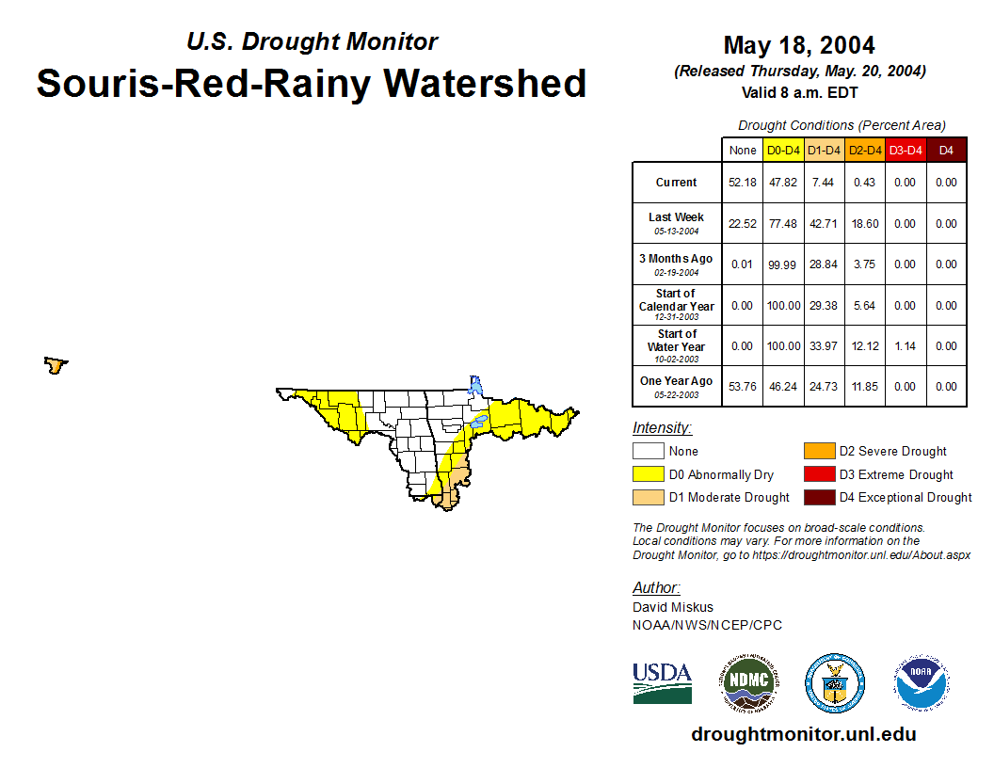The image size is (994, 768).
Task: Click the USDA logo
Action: pos(662,683)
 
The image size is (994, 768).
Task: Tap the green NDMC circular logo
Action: pos(749,682)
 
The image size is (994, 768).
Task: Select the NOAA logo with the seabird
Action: pos(922,682)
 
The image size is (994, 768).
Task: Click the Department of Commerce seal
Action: pos(835,683)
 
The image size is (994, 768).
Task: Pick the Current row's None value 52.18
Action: pos(743,183)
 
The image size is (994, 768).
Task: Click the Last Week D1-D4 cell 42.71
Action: pos(824,224)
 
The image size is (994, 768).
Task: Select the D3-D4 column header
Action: pos(906,151)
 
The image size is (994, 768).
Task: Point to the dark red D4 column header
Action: pos(946,151)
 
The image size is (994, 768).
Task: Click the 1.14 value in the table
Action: pos(906,346)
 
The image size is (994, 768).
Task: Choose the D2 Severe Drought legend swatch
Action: pos(819,451)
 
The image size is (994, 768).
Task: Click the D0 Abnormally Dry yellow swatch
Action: pos(648,474)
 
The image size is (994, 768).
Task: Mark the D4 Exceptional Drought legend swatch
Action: pos(819,498)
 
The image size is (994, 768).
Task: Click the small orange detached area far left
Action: pos(56,365)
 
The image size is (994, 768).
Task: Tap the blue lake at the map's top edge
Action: pos(475,385)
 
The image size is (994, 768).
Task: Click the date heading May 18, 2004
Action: pos(799,45)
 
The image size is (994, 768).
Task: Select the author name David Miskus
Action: pos(673,607)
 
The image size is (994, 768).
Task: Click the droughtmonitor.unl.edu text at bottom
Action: pos(804,734)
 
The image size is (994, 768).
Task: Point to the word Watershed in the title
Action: pos(485,84)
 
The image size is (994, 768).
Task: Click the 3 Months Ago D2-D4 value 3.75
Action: pos(864,264)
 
